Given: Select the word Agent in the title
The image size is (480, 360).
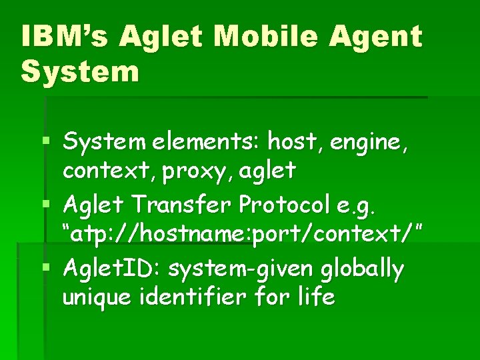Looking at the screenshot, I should coord(379,37).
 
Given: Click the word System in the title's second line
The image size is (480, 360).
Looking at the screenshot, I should coord(80,71).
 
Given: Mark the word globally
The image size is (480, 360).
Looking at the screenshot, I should coord(363,270).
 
